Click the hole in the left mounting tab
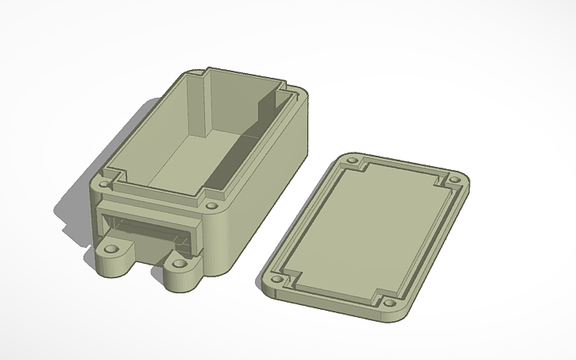112,248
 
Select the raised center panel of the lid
365,230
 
